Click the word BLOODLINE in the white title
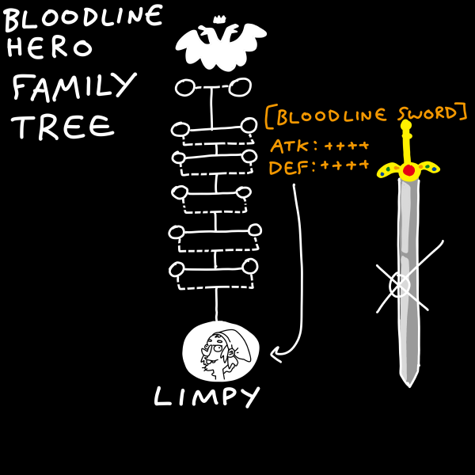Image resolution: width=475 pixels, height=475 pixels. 83,17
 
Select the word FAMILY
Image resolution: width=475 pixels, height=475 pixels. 75,86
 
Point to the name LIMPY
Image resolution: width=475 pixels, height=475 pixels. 206,396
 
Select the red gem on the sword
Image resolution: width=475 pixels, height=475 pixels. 409,169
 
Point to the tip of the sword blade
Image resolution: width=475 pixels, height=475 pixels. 408,383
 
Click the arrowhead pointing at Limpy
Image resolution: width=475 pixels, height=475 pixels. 275,355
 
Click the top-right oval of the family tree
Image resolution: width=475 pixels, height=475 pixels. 241,86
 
